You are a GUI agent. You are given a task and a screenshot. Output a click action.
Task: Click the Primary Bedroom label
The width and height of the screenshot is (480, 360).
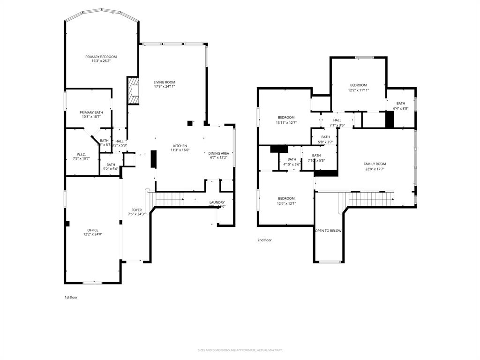(101, 57)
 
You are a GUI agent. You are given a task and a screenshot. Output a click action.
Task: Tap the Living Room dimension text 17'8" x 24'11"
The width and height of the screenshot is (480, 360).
(165, 87)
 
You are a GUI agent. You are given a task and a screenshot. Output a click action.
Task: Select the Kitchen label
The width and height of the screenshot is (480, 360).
(180, 146)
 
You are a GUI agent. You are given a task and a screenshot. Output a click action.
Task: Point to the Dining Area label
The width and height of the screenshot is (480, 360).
(218, 153)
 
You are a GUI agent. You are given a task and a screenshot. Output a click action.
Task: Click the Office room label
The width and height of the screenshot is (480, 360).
(93, 230)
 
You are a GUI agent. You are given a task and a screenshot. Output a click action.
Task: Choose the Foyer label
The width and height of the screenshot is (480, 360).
(136, 210)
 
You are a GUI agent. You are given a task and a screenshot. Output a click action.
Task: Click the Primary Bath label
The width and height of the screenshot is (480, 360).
(91, 112)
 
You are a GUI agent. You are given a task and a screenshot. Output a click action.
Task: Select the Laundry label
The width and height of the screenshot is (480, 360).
(217, 202)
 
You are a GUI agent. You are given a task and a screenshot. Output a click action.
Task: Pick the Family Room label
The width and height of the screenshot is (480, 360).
(375, 164)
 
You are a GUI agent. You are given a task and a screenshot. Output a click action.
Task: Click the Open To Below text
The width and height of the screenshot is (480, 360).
(328, 231)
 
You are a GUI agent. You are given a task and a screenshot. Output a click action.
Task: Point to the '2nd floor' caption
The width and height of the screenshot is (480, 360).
(264, 240)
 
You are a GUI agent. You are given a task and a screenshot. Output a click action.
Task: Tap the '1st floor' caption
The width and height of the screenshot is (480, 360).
(71, 297)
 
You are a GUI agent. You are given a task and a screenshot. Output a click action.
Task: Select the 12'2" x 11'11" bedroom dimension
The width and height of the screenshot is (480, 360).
(359, 90)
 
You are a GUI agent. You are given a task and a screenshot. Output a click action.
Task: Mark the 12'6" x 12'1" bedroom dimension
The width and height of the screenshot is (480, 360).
(286, 203)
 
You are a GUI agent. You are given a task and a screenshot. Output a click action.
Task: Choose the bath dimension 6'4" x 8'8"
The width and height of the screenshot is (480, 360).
(401, 108)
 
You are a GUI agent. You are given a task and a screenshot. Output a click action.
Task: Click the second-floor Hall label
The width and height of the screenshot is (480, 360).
(337, 120)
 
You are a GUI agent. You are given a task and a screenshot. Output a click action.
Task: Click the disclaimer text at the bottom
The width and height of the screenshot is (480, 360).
(240, 350)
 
